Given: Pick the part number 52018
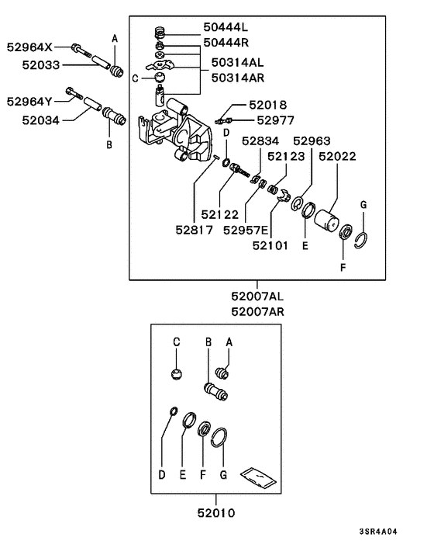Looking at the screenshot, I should click(x=267, y=104).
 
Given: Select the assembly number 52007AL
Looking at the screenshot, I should click(x=258, y=296).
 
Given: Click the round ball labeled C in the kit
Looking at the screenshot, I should click(x=177, y=374).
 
